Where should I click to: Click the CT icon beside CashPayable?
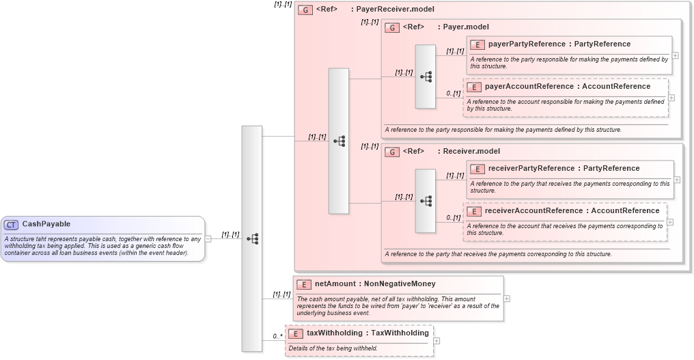click(x=11, y=224)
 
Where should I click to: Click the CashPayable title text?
click(x=46, y=224)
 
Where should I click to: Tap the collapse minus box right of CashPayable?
click(x=208, y=238)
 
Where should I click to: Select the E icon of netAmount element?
click(x=304, y=284)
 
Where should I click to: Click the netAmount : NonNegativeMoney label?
click(x=374, y=284)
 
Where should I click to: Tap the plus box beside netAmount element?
click(x=507, y=299)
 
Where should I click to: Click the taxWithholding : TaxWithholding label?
click(x=367, y=333)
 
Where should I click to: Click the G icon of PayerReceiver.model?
click(x=305, y=10)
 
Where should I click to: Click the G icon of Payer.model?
click(x=392, y=27)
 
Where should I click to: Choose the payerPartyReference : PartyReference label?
click(x=559, y=44)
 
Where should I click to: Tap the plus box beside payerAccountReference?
click(x=671, y=98)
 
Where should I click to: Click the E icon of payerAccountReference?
click(x=474, y=87)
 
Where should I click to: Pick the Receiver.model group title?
click(x=471, y=152)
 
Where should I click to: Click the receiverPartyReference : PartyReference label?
click(x=564, y=169)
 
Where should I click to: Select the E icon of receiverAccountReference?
click(x=474, y=211)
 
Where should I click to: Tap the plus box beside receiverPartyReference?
click(x=677, y=180)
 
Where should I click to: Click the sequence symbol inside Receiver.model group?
click(x=426, y=202)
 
